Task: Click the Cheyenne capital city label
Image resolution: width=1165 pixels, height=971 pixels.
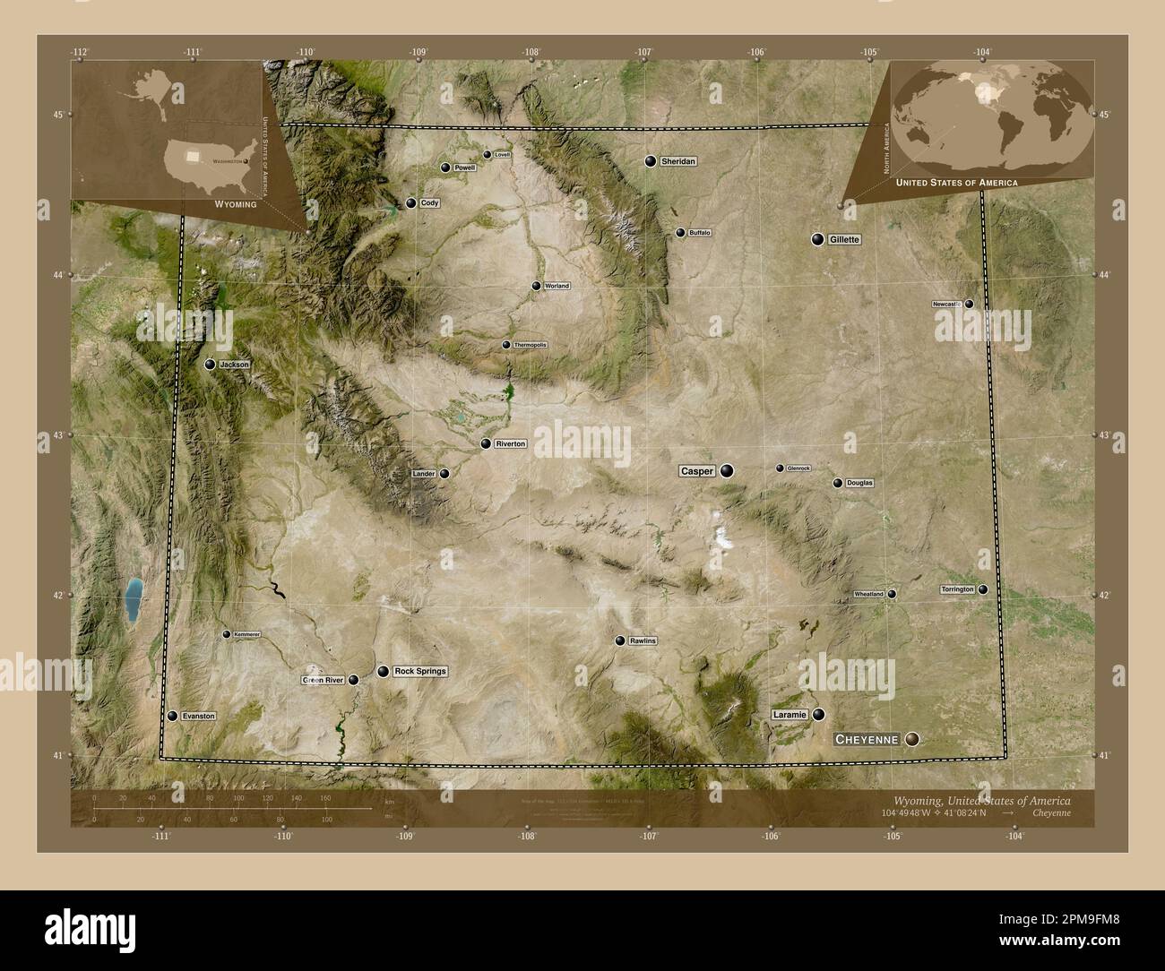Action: [x=867, y=739]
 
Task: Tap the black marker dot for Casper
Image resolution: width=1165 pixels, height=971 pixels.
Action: [x=727, y=470]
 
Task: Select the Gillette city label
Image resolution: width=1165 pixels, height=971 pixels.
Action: [x=844, y=240]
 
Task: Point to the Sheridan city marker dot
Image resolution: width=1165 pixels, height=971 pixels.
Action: [x=651, y=161]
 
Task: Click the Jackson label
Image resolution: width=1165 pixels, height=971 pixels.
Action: [x=234, y=365]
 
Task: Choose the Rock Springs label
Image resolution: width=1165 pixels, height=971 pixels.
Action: [x=419, y=671]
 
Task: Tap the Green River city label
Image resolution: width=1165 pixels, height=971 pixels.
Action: [x=323, y=681]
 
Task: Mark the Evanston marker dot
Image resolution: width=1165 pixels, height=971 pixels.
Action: [x=172, y=717]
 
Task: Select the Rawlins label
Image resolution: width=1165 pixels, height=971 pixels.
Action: [x=643, y=641]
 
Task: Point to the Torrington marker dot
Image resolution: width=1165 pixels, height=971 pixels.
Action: [x=983, y=589]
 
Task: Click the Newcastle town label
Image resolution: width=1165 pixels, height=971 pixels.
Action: [x=946, y=305]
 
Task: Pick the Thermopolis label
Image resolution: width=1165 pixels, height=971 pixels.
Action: [x=530, y=345]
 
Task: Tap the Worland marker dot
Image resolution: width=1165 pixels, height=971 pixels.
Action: [x=536, y=287]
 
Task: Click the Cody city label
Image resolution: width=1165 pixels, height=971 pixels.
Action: [x=429, y=203]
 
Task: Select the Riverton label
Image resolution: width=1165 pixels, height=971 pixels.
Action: [x=510, y=443]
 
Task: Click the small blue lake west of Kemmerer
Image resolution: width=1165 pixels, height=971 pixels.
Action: [x=134, y=599]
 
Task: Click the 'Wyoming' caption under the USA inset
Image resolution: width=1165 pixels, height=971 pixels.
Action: [x=236, y=204]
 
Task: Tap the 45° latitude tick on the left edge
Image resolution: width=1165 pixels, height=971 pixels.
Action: [x=58, y=115]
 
